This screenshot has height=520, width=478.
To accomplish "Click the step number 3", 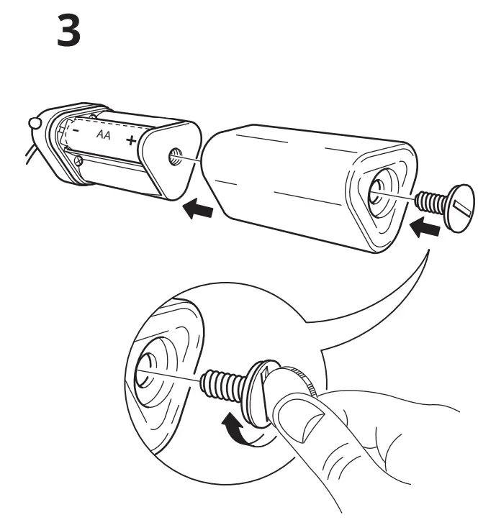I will (x=68, y=33).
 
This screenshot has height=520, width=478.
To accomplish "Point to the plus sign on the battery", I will (x=130, y=140).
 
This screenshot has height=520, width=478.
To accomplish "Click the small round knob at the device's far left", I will (x=34, y=124).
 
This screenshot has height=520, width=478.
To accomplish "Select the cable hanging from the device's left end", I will (x=27, y=152).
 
